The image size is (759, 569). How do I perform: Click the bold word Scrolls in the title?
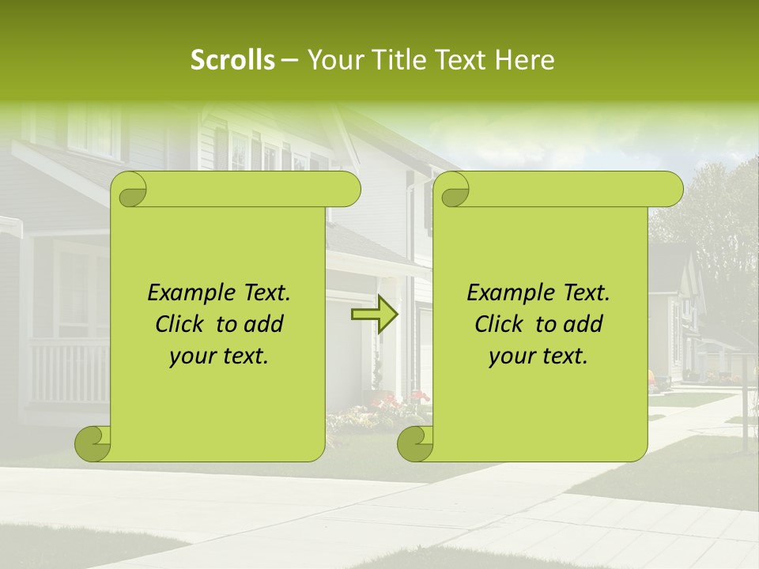pos(233,60)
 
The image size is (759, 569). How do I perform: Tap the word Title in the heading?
pos(393,60)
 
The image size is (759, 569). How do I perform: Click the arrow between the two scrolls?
pos(374,315)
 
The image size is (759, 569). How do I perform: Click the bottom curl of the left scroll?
pos(93,444)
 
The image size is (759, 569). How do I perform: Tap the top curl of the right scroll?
pos(454,190)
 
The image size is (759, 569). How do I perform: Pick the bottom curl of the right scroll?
pos(416,444)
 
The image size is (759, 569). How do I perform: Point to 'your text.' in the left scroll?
pos(219,356)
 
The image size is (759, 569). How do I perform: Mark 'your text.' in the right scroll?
pos(538,356)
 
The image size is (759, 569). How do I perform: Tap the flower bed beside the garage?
pos(379,411)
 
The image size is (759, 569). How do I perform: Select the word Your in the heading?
pos(334,60)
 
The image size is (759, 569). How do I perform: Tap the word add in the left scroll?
pos(265,324)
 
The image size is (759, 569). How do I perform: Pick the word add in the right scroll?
pos(584,324)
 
